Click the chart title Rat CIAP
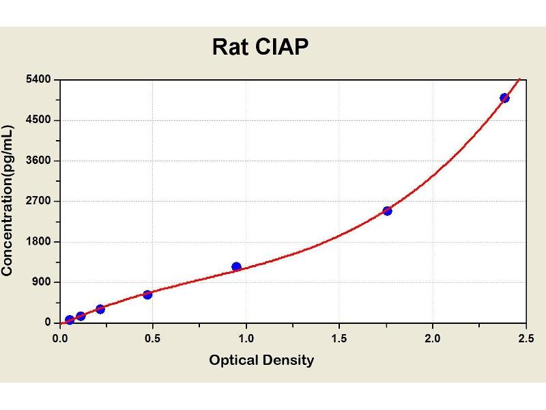(x=260, y=46)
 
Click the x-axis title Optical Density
(x=261, y=360)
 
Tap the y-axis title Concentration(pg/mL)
(x=8, y=201)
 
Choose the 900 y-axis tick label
(x=43, y=282)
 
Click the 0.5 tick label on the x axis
(x=153, y=338)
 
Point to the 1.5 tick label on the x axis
(x=339, y=338)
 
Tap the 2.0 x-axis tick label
(x=432, y=338)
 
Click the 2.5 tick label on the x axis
(x=525, y=338)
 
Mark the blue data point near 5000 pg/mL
(x=504, y=98)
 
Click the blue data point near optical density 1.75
(x=387, y=210)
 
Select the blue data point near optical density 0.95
(x=236, y=266)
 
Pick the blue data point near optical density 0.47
(x=147, y=295)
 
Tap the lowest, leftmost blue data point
(x=70, y=320)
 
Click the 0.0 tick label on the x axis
(x=60, y=338)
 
